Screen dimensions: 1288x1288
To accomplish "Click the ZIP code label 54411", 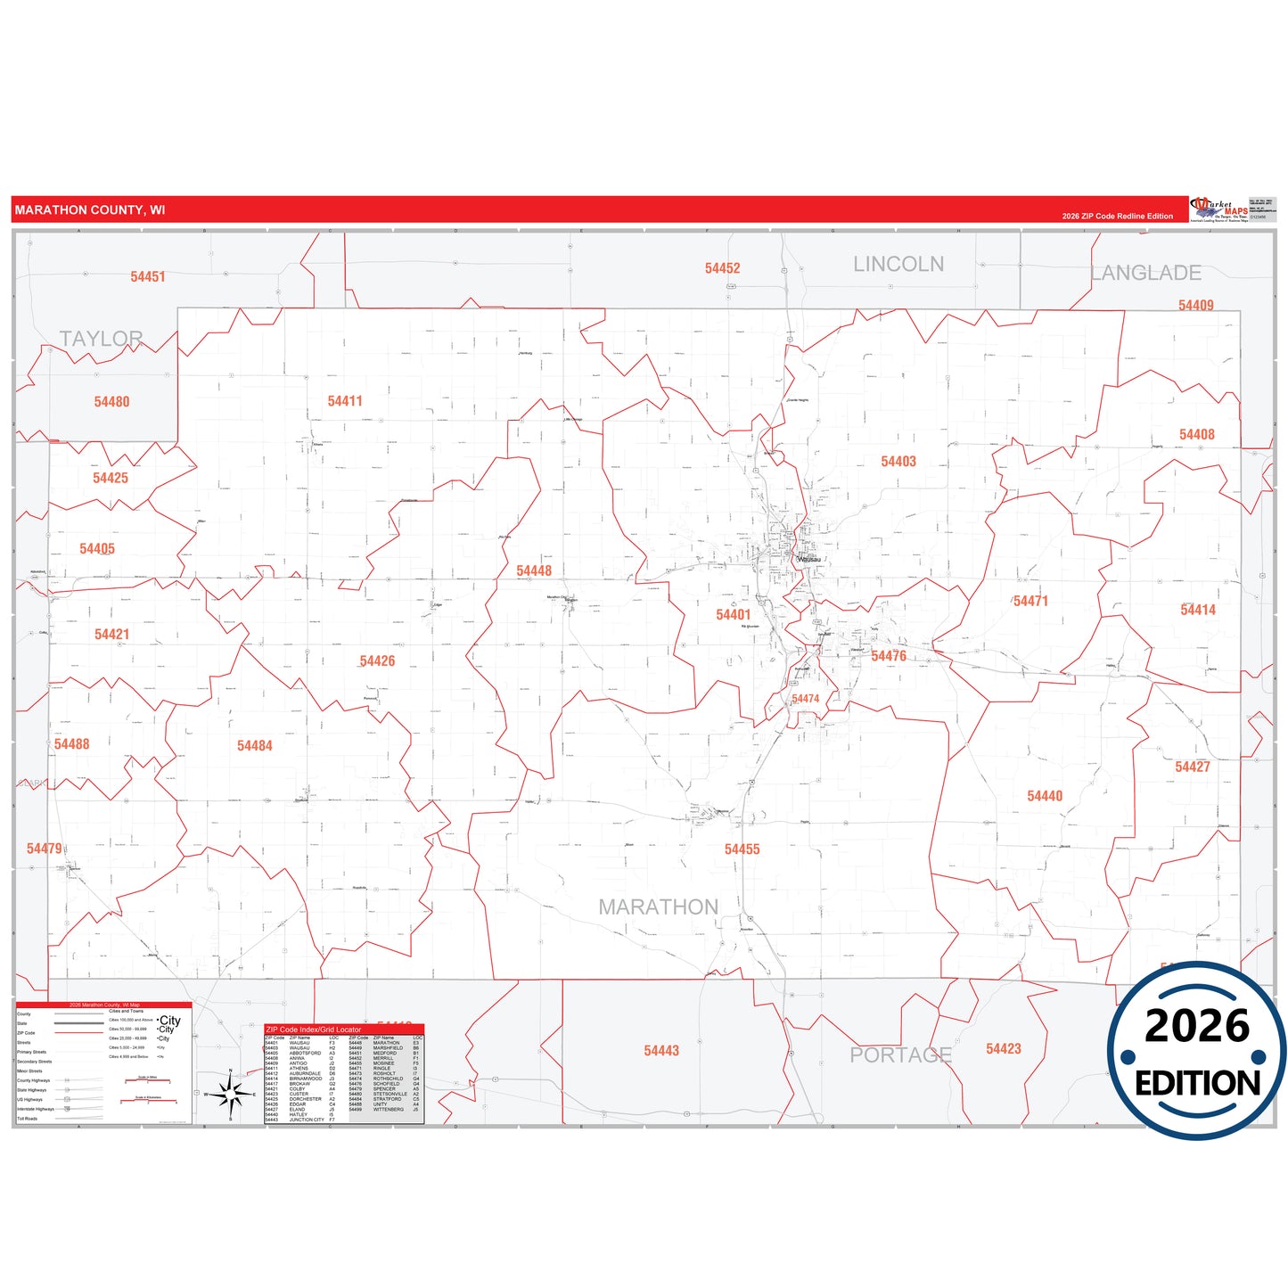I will pyautogui.click(x=345, y=401).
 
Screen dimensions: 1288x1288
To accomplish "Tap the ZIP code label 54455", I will pyautogui.click(x=742, y=849).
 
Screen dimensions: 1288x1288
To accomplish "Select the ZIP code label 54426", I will pyautogui.click(x=377, y=661).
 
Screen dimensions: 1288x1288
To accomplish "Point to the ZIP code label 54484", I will pyautogui.click(x=254, y=746).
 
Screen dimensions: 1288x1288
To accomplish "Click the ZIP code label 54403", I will pyautogui.click(x=898, y=462).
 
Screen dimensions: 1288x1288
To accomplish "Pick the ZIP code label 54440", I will pyautogui.click(x=1045, y=796).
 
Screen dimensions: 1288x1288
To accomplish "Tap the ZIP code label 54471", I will pyautogui.click(x=1030, y=602).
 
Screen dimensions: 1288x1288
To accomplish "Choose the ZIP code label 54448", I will pyautogui.click(x=534, y=571).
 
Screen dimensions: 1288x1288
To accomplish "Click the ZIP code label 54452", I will pyautogui.click(x=722, y=268).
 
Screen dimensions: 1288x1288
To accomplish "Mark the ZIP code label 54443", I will pyautogui.click(x=661, y=1051).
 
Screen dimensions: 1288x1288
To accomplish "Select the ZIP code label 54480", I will pyautogui.click(x=111, y=402).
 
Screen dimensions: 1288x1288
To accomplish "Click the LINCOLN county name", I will pyautogui.click(x=898, y=265).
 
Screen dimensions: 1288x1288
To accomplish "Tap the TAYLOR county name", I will pyautogui.click(x=101, y=339).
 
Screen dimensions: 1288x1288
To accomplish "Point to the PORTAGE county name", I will pyautogui.click(x=900, y=1055).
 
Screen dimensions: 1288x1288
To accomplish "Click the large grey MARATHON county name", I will pyautogui.click(x=658, y=907).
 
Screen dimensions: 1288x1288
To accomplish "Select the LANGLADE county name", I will pyautogui.click(x=1146, y=274).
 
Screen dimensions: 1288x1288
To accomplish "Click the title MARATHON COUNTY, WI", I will pyautogui.click(x=90, y=210).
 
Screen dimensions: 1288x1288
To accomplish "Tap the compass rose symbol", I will pyautogui.click(x=230, y=1093).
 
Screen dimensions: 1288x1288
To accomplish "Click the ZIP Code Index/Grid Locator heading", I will pyautogui.click(x=314, y=1030).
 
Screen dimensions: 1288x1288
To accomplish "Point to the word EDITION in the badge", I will pyautogui.click(x=1197, y=1083).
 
